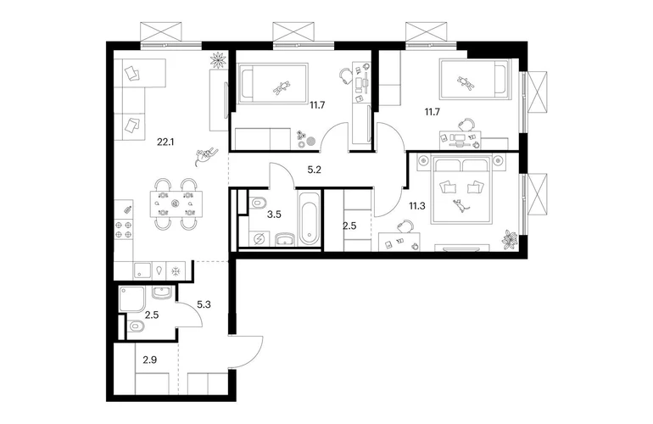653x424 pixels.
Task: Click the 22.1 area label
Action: pyautogui.click(x=165, y=142)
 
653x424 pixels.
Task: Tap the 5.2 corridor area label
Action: pyautogui.click(x=314, y=170)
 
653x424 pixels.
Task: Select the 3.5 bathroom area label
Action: pyautogui.click(x=274, y=215)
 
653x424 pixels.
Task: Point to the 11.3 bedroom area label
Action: pyautogui.click(x=417, y=206)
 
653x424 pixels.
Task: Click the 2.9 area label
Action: pyautogui.click(x=149, y=360)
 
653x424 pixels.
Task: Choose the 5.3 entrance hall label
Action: pyautogui.click(x=204, y=305)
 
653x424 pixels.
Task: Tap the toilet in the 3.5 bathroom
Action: pyautogui.click(x=258, y=203)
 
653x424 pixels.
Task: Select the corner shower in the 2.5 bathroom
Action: pyautogui.click(x=131, y=299)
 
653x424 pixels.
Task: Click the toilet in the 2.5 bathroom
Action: pyautogui.click(x=136, y=326)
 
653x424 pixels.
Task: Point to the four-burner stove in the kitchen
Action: pyautogui.click(x=124, y=230)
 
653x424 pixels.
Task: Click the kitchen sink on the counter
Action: pyautogui.click(x=143, y=271)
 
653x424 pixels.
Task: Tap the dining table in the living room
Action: pyautogui.click(x=176, y=204)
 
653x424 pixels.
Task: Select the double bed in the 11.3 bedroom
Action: pyautogui.click(x=461, y=189)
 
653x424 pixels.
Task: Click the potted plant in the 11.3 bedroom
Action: pyautogui.click(x=510, y=240)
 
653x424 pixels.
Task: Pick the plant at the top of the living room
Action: pyautogui.click(x=218, y=59)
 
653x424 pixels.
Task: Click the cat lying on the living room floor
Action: pyautogui.click(x=205, y=155)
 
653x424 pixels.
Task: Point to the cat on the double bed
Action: pyautogui.click(x=460, y=206)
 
